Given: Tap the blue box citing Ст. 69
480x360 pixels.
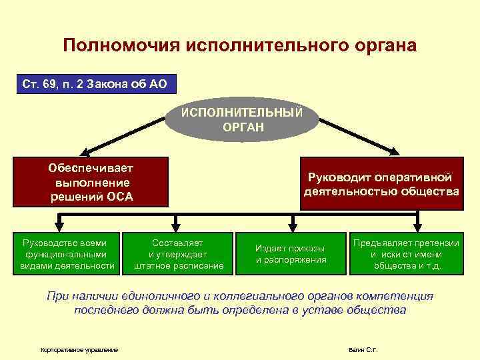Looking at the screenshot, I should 96,85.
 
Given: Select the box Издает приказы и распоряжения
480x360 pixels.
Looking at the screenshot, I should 291,253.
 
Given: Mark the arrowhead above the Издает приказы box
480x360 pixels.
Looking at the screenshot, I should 291,227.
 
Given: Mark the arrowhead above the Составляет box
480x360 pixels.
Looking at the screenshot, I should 177,227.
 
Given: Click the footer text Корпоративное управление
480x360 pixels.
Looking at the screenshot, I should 79,349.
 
